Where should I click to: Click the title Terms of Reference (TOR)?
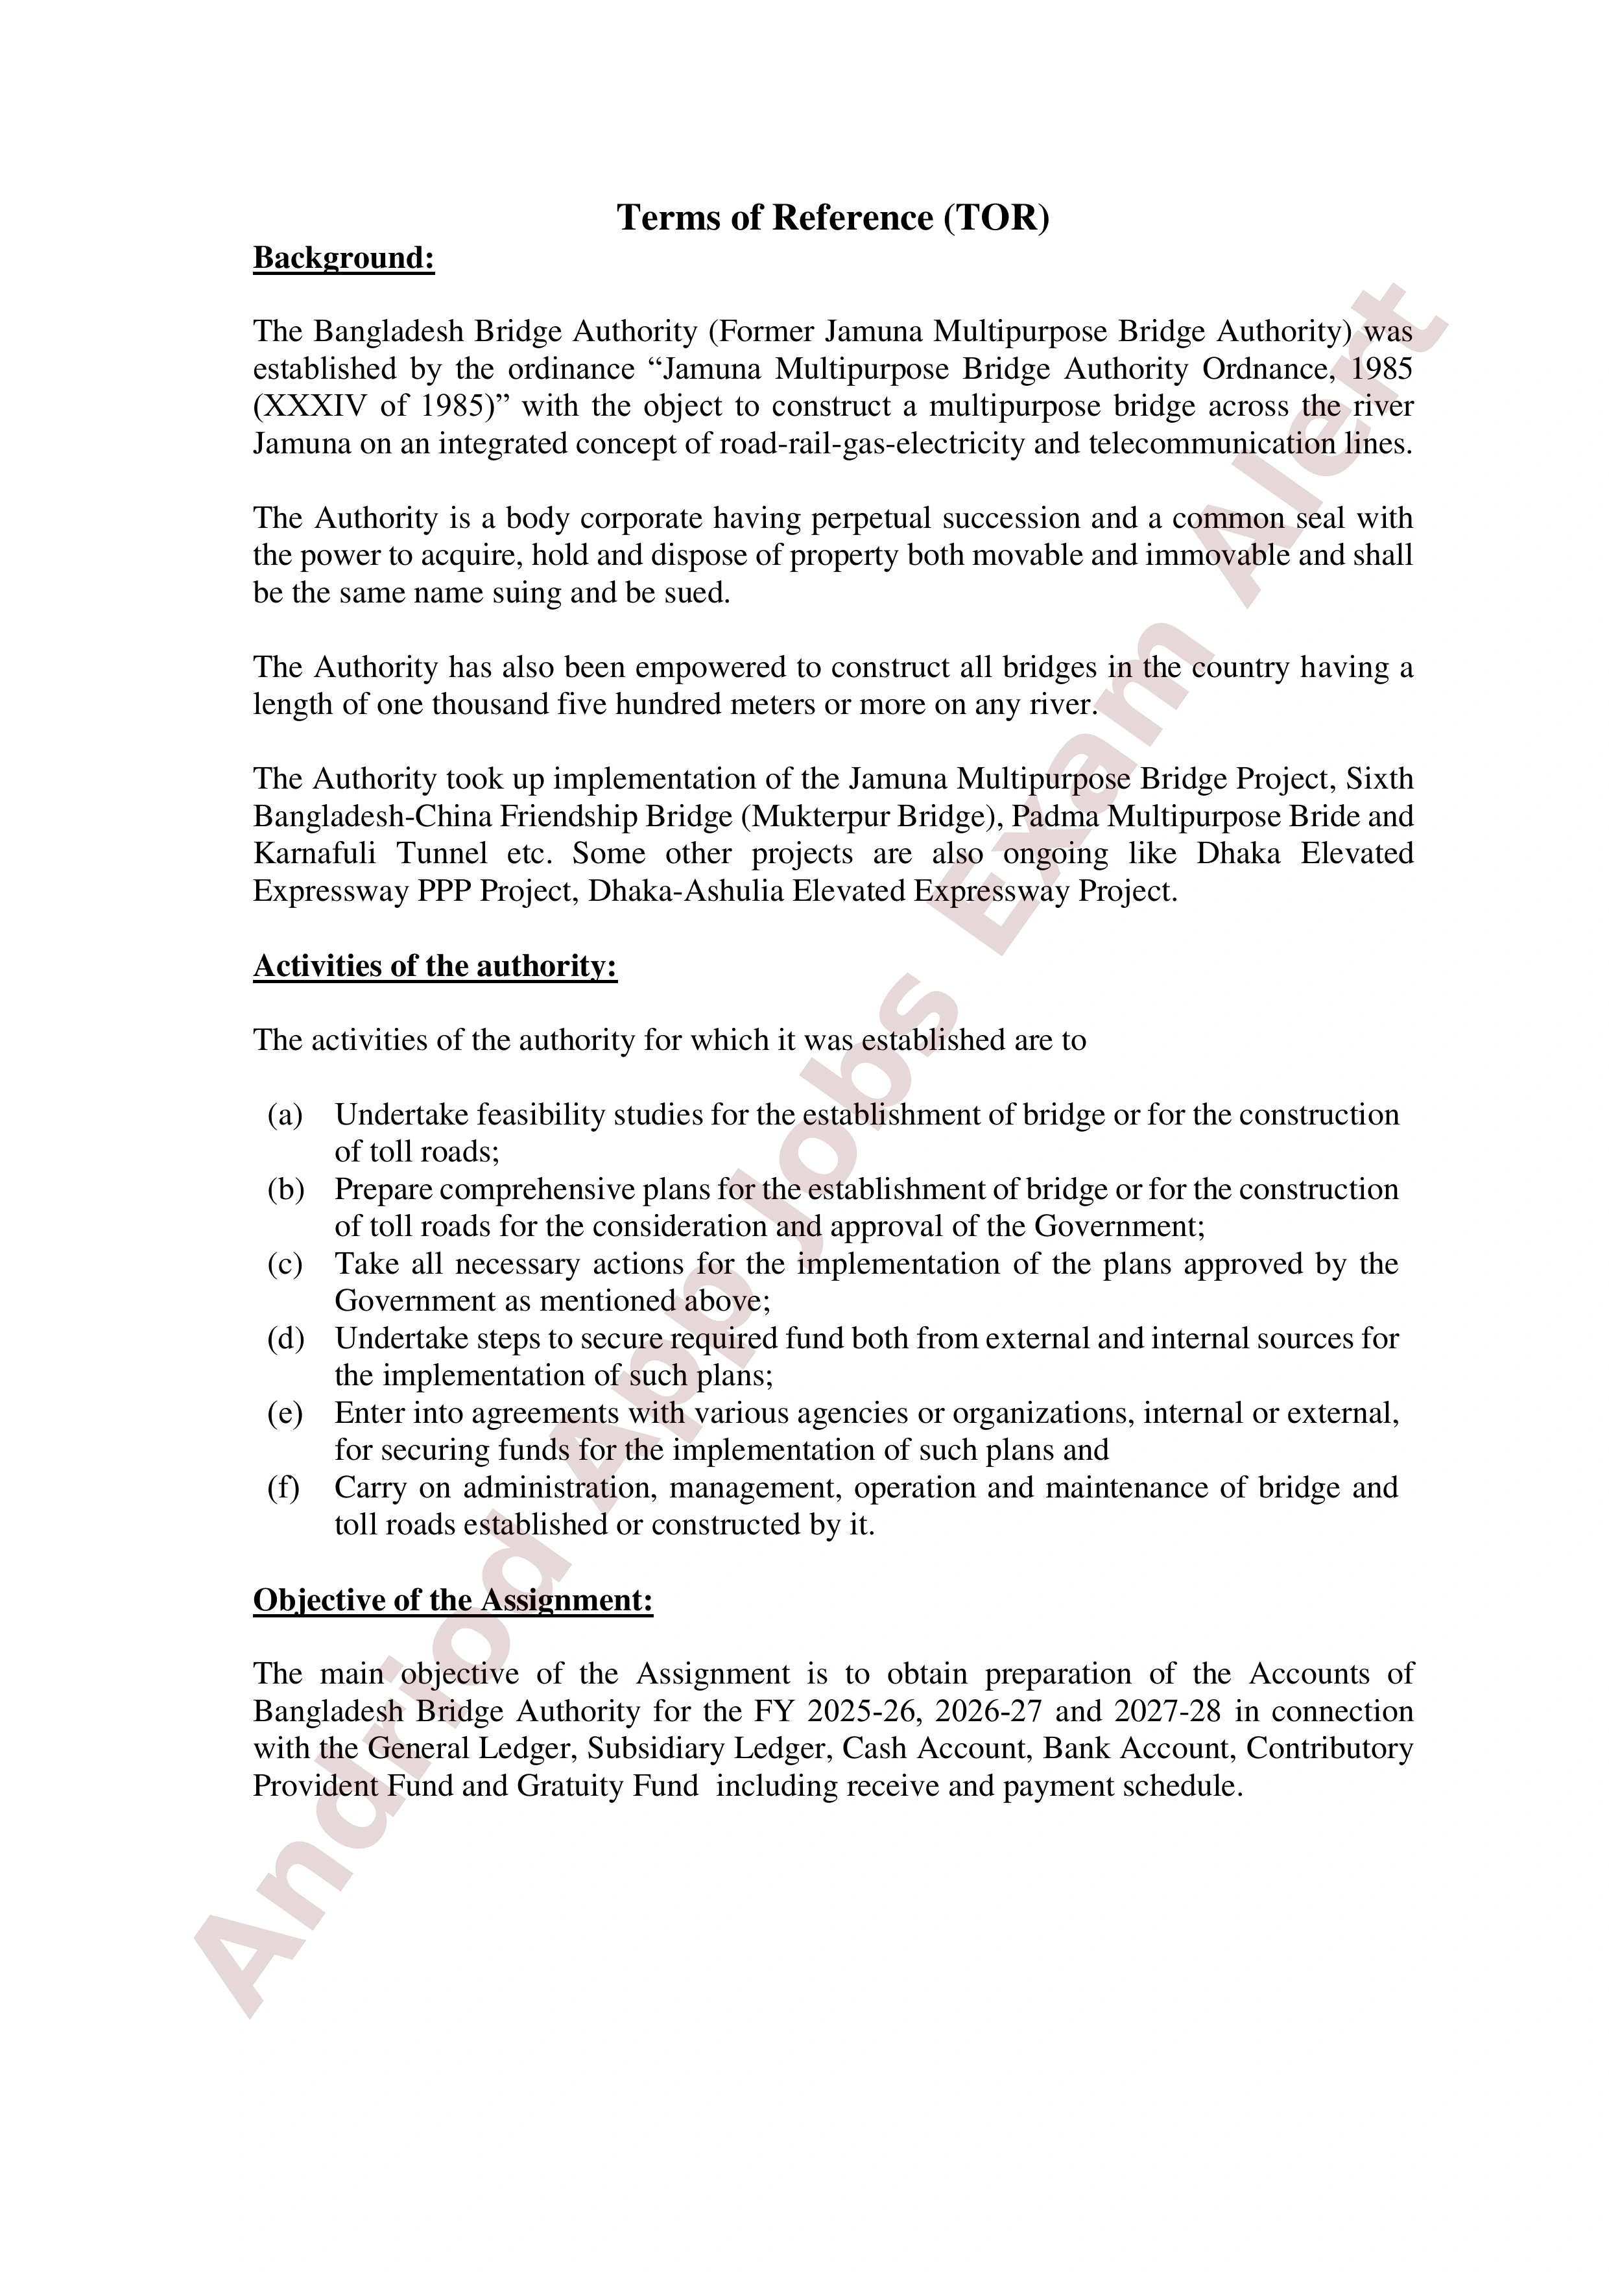pos(832,217)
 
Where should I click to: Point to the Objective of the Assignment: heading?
pos(453,1599)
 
